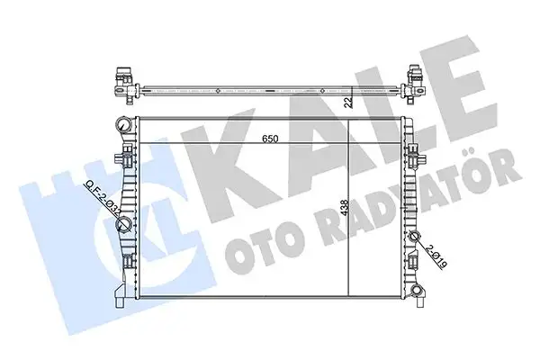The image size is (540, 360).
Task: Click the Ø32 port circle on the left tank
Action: click(126, 226)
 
